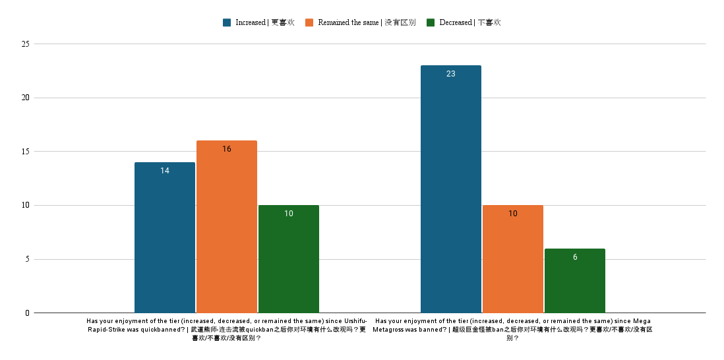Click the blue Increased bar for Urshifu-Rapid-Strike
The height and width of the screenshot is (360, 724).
165,237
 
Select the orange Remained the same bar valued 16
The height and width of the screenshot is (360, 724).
227,227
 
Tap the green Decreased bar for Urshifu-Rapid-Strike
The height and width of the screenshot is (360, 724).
289,259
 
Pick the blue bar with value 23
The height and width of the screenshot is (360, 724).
451,189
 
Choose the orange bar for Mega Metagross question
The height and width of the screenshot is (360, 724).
513,259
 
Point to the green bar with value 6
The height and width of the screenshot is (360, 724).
575,281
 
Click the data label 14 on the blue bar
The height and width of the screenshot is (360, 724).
165,171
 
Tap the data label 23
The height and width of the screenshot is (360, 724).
451,74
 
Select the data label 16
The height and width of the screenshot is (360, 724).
227,149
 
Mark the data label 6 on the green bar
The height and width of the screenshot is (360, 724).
575,257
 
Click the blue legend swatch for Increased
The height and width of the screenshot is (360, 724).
227,22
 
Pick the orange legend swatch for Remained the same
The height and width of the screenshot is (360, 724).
309,22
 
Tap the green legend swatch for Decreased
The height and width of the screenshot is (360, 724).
431,22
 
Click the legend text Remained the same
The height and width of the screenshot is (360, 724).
348,22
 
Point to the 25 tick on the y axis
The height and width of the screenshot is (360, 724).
26,44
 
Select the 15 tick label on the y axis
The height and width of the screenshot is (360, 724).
26,152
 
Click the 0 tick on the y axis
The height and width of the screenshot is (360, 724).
28,313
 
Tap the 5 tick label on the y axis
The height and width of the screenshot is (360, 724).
28,259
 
